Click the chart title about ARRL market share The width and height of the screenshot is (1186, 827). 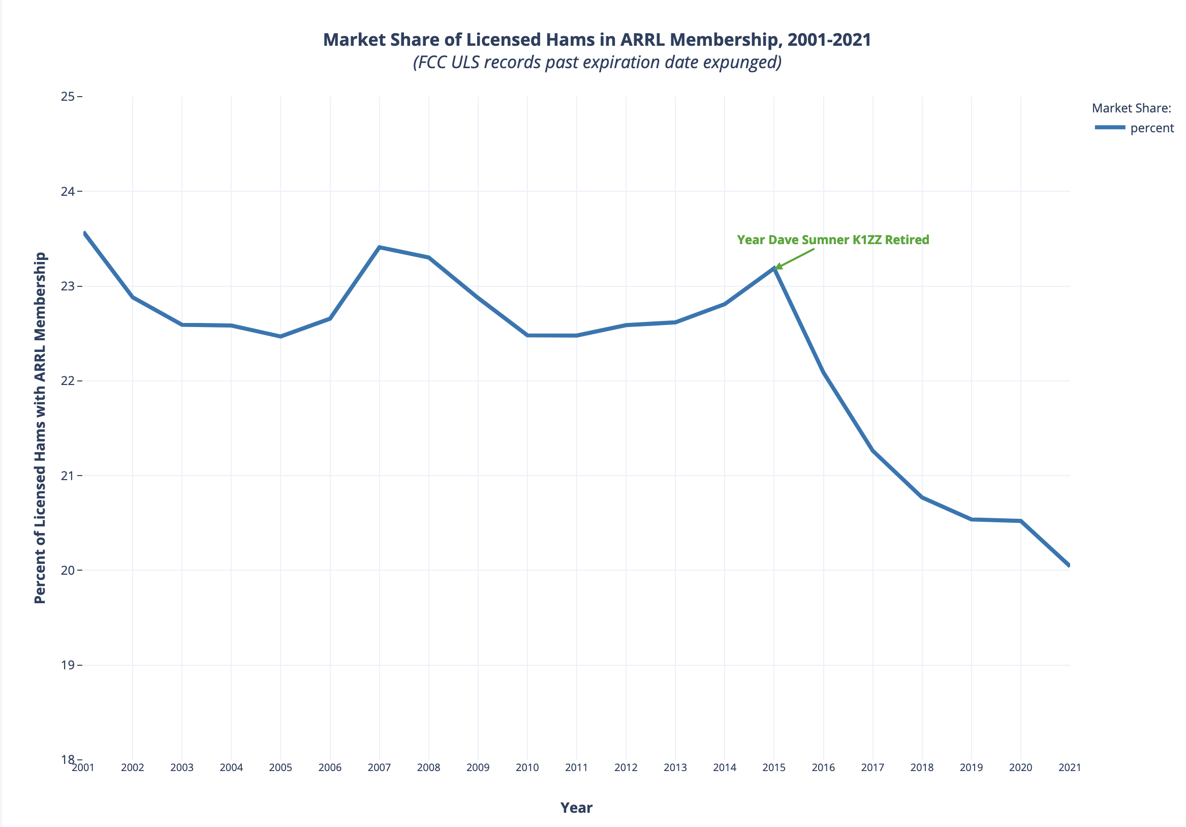pos(597,40)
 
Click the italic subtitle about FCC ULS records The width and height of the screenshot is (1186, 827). pos(597,63)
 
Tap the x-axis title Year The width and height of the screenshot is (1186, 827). pos(576,808)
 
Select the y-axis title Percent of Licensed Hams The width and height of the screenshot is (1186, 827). pos(40,427)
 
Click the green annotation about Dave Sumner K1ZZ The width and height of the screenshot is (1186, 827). pos(833,240)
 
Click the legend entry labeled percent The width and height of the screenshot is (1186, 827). pos(1152,128)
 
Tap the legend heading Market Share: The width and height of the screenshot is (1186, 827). pos(1130,108)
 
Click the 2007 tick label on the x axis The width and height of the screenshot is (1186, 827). pos(379,767)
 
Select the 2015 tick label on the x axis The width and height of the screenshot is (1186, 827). pos(774,767)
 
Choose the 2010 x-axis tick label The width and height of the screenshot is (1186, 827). pos(527,767)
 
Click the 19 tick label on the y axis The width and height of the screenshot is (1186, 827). pos(68,665)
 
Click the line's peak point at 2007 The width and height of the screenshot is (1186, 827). pos(379,247)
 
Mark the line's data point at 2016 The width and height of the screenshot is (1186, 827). pos(823,372)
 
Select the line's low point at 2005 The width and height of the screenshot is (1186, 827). pos(280,337)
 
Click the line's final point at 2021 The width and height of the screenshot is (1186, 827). pos(1069,566)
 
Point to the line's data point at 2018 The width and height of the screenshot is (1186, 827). pos(922,497)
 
